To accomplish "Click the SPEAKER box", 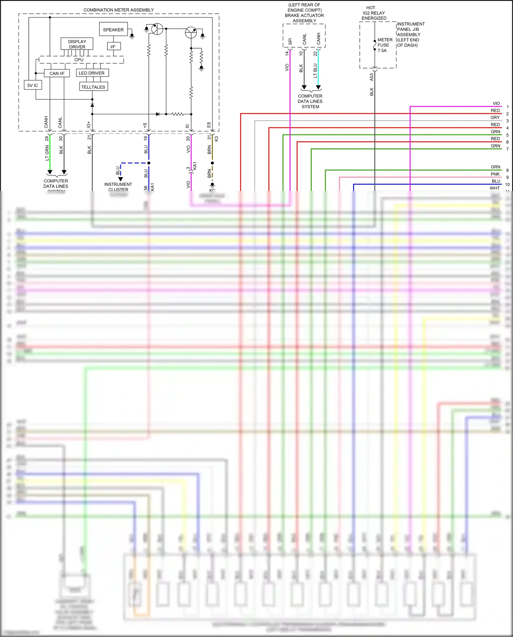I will pos(113,29).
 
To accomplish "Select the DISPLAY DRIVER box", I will pos(77,44).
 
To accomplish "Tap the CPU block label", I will pos(79,60).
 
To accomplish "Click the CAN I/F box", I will pos(57,73).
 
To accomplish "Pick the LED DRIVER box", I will pos(92,73).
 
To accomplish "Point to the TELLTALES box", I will pos(93,87).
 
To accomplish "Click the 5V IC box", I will pos(33,85).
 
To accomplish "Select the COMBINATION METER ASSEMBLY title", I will pos(118,10).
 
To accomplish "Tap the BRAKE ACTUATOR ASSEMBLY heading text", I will pos(304,15).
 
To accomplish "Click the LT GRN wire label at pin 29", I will pos(47,153).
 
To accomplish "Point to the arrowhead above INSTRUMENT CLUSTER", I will pos(120,179).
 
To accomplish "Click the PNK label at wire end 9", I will pos(495,174).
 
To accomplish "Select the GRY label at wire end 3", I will pos(495,117).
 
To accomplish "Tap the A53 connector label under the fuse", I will pos(371,77).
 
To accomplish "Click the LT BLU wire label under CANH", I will pos(315,71).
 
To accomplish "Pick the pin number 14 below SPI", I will pos(287,53).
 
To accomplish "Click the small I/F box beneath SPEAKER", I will pos(113,47).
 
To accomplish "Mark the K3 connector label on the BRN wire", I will pos(216,139).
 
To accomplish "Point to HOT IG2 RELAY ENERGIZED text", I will pos(373,13).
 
